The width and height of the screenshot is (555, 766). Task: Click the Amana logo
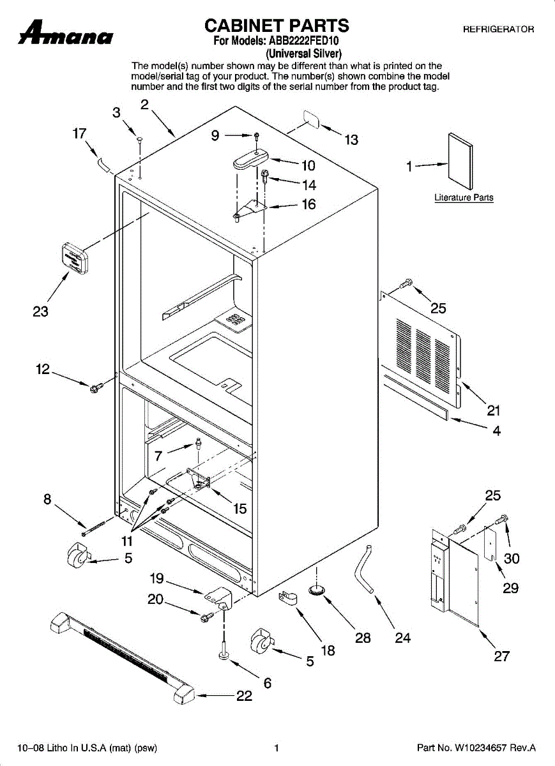coord(66,33)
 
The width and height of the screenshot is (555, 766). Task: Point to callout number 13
coord(351,140)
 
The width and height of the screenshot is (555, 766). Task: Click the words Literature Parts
coord(464,198)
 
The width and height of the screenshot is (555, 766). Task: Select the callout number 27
coord(502,656)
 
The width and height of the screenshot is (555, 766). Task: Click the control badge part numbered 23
coord(75,257)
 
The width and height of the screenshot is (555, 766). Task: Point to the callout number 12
coord(43,369)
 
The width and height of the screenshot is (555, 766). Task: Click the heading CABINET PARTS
coord(277,26)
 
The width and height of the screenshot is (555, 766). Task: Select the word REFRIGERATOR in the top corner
coord(498,29)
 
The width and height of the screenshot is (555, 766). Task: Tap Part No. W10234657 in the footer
coord(476,747)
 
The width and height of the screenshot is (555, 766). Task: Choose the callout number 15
coord(239,509)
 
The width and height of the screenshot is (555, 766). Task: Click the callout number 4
coord(496,431)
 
